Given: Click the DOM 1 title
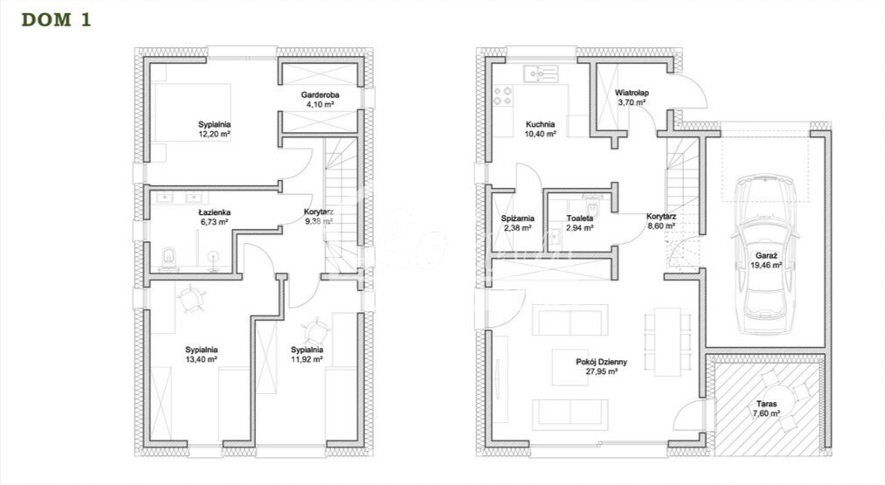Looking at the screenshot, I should (56, 20).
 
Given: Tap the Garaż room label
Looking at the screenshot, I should (768, 256).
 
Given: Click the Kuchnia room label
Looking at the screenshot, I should (540, 124).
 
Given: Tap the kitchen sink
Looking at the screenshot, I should (540, 74).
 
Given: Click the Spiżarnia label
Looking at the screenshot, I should (518, 218).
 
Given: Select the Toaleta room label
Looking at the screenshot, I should (579, 218).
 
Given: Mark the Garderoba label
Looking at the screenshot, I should (320, 94).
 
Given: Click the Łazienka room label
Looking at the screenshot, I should (213, 212).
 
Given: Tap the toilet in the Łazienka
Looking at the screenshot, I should (169, 257).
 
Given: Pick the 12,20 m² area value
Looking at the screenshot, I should (213, 135).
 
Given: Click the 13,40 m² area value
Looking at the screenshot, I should (201, 359).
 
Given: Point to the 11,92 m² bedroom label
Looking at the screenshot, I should (307, 354).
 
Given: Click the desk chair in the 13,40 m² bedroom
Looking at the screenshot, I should (191, 300).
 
